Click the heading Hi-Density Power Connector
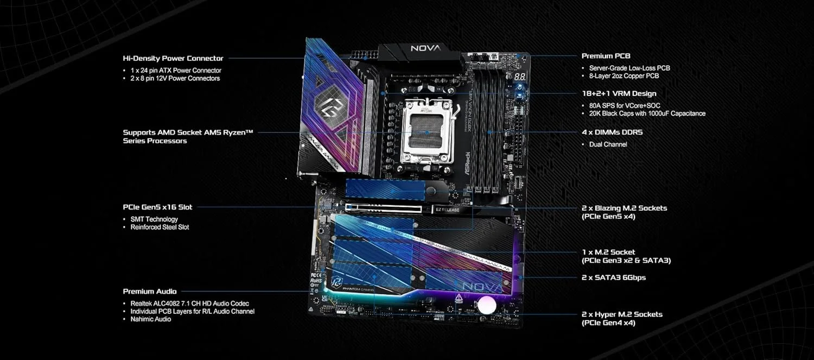173,58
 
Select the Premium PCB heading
606,56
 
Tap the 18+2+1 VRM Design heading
619,93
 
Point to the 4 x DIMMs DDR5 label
612,132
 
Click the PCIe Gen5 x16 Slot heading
157,207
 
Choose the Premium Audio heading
150,292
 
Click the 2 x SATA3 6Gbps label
613,277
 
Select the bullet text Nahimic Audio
150,319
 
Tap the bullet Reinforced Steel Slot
160,227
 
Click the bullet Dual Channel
608,144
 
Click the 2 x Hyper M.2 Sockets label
622,314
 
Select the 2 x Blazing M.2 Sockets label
624,208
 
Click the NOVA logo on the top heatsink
425,48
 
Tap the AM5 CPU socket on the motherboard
427,132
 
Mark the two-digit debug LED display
519,77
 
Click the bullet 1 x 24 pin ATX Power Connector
176,71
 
